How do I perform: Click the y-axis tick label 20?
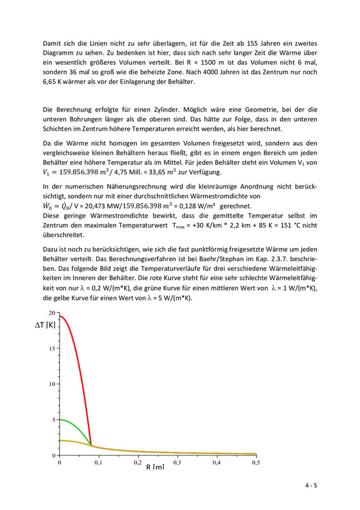pyautogui.click(x=53, y=313)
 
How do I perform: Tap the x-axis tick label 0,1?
pyautogui.click(x=98, y=463)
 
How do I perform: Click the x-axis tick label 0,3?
pyautogui.click(x=177, y=463)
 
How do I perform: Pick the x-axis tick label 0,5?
pyautogui.click(x=255, y=463)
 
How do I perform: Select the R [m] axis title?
pyautogui.click(x=155, y=467)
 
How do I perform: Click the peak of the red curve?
pyautogui.click(x=60, y=316)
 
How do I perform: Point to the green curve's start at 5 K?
pyautogui.click(x=60, y=420)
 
